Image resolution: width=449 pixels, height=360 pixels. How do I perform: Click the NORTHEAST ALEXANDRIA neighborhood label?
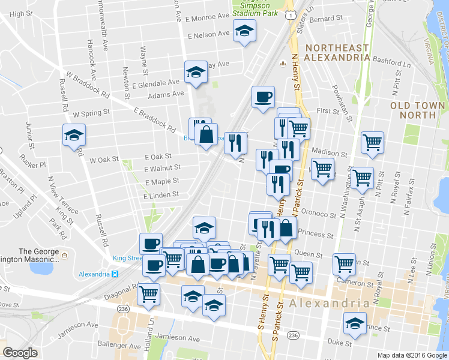point(336,52)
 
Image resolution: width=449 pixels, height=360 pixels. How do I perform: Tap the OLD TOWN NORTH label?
point(417,110)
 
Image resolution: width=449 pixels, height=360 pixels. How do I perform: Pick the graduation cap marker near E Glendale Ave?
point(196,72)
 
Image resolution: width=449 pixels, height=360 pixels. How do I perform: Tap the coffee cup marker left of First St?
point(262,97)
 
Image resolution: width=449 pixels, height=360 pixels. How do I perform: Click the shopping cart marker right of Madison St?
point(372,143)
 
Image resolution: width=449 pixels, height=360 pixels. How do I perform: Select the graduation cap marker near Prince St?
point(355,322)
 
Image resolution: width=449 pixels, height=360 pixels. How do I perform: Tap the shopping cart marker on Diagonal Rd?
point(148,294)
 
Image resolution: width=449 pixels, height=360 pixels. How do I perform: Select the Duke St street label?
point(339,343)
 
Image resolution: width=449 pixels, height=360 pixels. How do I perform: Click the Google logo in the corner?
point(20,352)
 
